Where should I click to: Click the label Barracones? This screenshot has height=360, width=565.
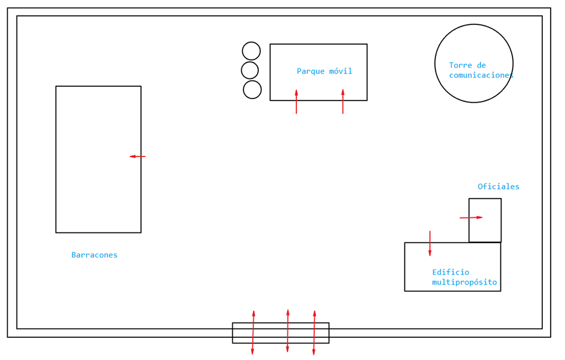[x=94, y=255]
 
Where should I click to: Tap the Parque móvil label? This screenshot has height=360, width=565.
[x=324, y=71]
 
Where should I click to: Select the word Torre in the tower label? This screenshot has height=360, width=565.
[x=461, y=65]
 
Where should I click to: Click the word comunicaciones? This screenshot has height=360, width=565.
[x=481, y=75]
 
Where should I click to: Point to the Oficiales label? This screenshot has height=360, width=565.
[x=498, y=187]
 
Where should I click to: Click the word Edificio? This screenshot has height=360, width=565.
[x=451, y=272]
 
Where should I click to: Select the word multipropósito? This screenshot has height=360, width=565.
[x=465, y=282]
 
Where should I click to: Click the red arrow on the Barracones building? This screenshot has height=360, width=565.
[x=137, y=156]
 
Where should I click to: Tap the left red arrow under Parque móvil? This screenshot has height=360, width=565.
[x=296, y=102]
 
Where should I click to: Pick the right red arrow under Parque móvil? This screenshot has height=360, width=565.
[x=343, y=102]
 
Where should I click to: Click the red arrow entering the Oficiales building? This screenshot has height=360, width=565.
[x=471, y=218]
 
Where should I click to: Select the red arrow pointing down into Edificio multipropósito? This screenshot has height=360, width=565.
[x=430, y=243]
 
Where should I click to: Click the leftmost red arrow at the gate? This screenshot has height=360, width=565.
[x=253, y=332]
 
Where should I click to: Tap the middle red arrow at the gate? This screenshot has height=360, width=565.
[x=287, y=331]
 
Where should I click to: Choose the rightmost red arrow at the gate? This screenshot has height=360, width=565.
[x=314, y=332]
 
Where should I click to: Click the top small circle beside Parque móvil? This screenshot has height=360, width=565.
[x=251, y=51]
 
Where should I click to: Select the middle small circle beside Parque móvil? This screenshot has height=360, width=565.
[x=250, y=70]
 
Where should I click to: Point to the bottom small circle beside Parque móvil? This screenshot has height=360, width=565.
[x=252, y=89]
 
